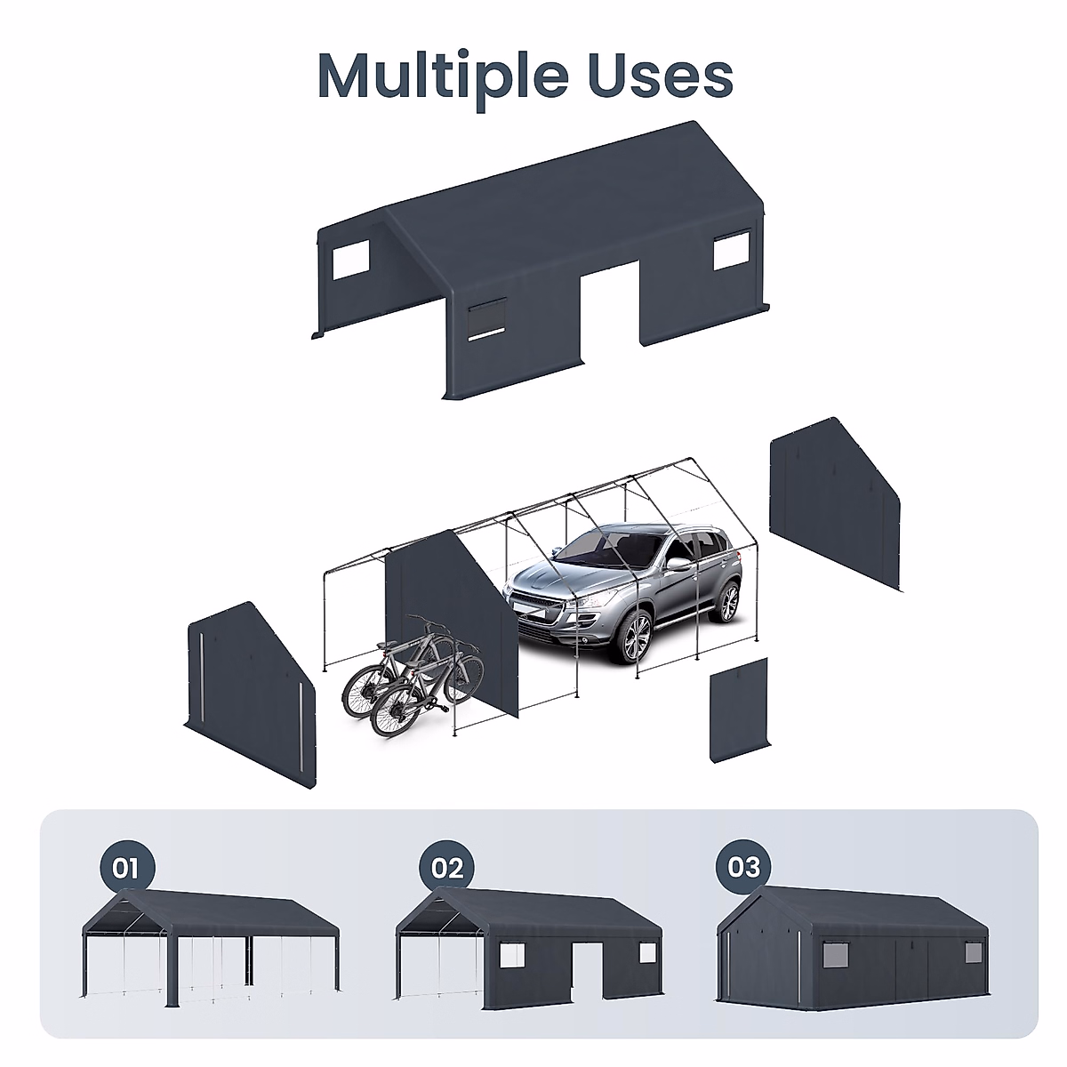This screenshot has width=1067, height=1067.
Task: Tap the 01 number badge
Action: pyautogui.click(x=126, y=866)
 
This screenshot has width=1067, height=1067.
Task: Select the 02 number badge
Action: pyautogui.click(x=446, y=866)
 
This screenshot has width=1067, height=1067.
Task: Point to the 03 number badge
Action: pyautogui.click(x=743, y=866)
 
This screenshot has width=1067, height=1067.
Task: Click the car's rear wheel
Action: pyautogui.click(x=729, y=602)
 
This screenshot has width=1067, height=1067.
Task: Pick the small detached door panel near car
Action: pyautogui.click(x=739, y=710)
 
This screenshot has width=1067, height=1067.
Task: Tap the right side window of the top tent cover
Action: pyautogui.click(x=732, y=250)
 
